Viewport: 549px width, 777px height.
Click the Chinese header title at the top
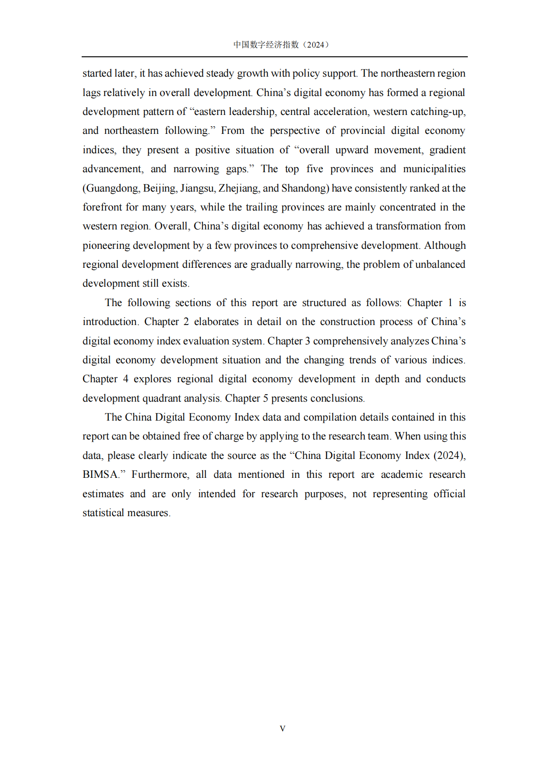(x=281, y=45)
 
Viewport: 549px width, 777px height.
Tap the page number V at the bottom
(x=282, y=729)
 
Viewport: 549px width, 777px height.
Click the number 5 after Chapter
(x=266, y=398)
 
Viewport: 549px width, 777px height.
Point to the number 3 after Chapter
(x=307, y=341)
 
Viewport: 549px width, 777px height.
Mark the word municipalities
(x=434, y=169)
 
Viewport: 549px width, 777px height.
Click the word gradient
(x=447, y=150)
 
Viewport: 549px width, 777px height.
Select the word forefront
(x=103, y=207)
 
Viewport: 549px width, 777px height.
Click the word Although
(x=445, y=246)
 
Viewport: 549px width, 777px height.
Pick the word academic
(x=401, y=475)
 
